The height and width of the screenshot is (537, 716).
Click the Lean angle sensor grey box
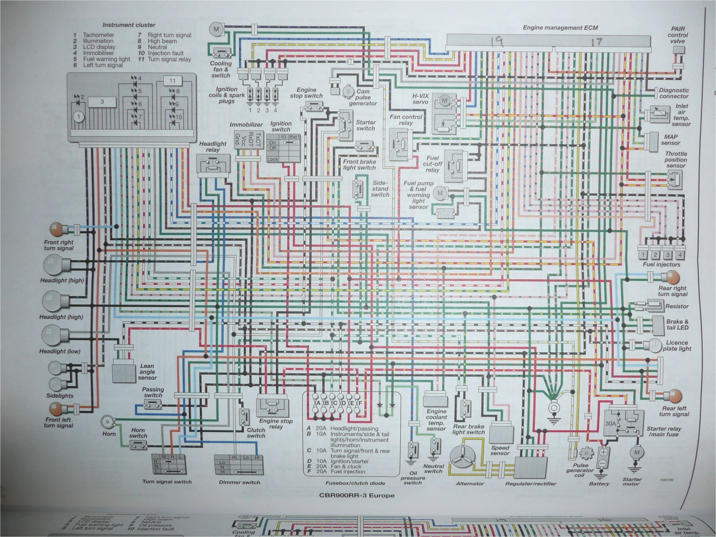click(124, 373)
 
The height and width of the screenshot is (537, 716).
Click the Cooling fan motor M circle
click(216, 29)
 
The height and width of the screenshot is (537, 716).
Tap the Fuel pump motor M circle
click(440, 193)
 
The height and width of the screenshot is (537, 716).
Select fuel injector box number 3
click(667, 255)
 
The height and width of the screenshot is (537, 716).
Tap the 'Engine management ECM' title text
click(560, 28)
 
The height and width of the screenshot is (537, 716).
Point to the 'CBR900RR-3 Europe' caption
click(357, 496)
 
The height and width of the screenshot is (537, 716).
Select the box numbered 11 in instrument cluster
click(172, 81)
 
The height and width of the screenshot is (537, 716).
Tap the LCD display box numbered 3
click(102, 102)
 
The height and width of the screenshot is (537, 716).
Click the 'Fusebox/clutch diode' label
click(355, 483)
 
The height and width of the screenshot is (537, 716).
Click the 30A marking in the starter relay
click(610, 423)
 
